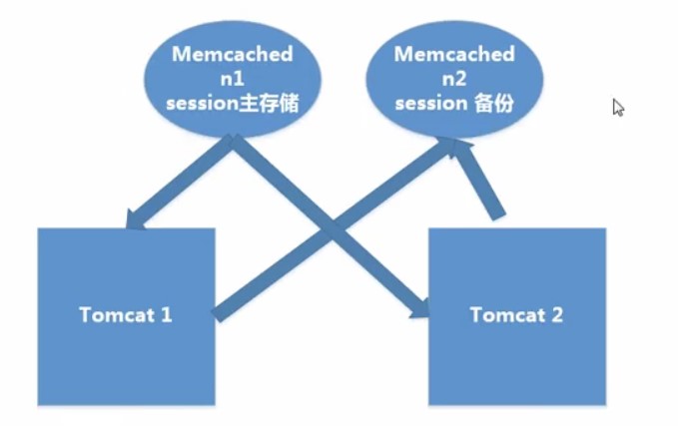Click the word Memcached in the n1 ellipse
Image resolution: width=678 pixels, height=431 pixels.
233,54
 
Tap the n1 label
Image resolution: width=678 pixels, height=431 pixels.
233,79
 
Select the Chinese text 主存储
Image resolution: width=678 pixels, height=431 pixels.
269,104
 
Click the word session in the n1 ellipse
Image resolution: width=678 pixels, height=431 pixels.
203,104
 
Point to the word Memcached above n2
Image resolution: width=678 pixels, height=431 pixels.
454,54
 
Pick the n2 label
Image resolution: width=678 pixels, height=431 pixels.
454,79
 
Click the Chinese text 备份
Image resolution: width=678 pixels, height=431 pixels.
494,104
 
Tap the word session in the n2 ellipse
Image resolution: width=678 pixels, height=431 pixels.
431,104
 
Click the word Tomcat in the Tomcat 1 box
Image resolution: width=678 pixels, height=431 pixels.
117,315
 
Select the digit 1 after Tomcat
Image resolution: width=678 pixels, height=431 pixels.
167,315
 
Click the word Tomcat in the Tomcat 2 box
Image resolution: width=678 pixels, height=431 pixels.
507,315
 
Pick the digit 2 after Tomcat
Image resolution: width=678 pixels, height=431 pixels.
557,315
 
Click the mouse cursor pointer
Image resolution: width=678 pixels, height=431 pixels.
618,107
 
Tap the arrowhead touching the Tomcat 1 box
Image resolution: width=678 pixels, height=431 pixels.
134,220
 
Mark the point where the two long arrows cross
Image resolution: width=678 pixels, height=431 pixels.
333,228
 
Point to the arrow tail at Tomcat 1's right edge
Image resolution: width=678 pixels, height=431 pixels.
217,315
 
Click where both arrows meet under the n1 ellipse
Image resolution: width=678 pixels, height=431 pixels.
233,140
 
